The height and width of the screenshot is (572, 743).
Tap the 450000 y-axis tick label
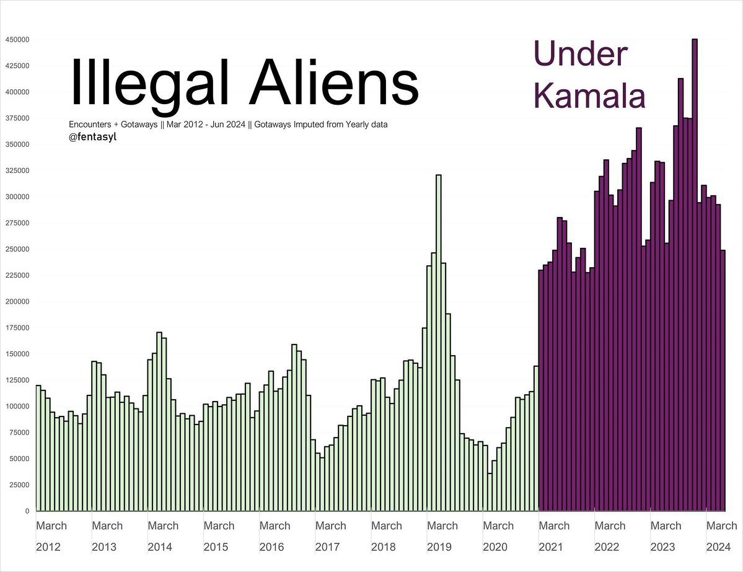17,40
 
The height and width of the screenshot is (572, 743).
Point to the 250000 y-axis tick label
17,249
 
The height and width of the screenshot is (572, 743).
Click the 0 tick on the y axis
27,511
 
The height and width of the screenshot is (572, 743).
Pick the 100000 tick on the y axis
17,407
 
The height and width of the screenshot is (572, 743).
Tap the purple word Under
580,54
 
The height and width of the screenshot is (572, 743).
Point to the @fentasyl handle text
92,137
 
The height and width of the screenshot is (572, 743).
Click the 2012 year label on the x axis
49,547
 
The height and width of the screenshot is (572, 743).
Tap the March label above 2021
554,526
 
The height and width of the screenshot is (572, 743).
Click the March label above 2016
275,526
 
